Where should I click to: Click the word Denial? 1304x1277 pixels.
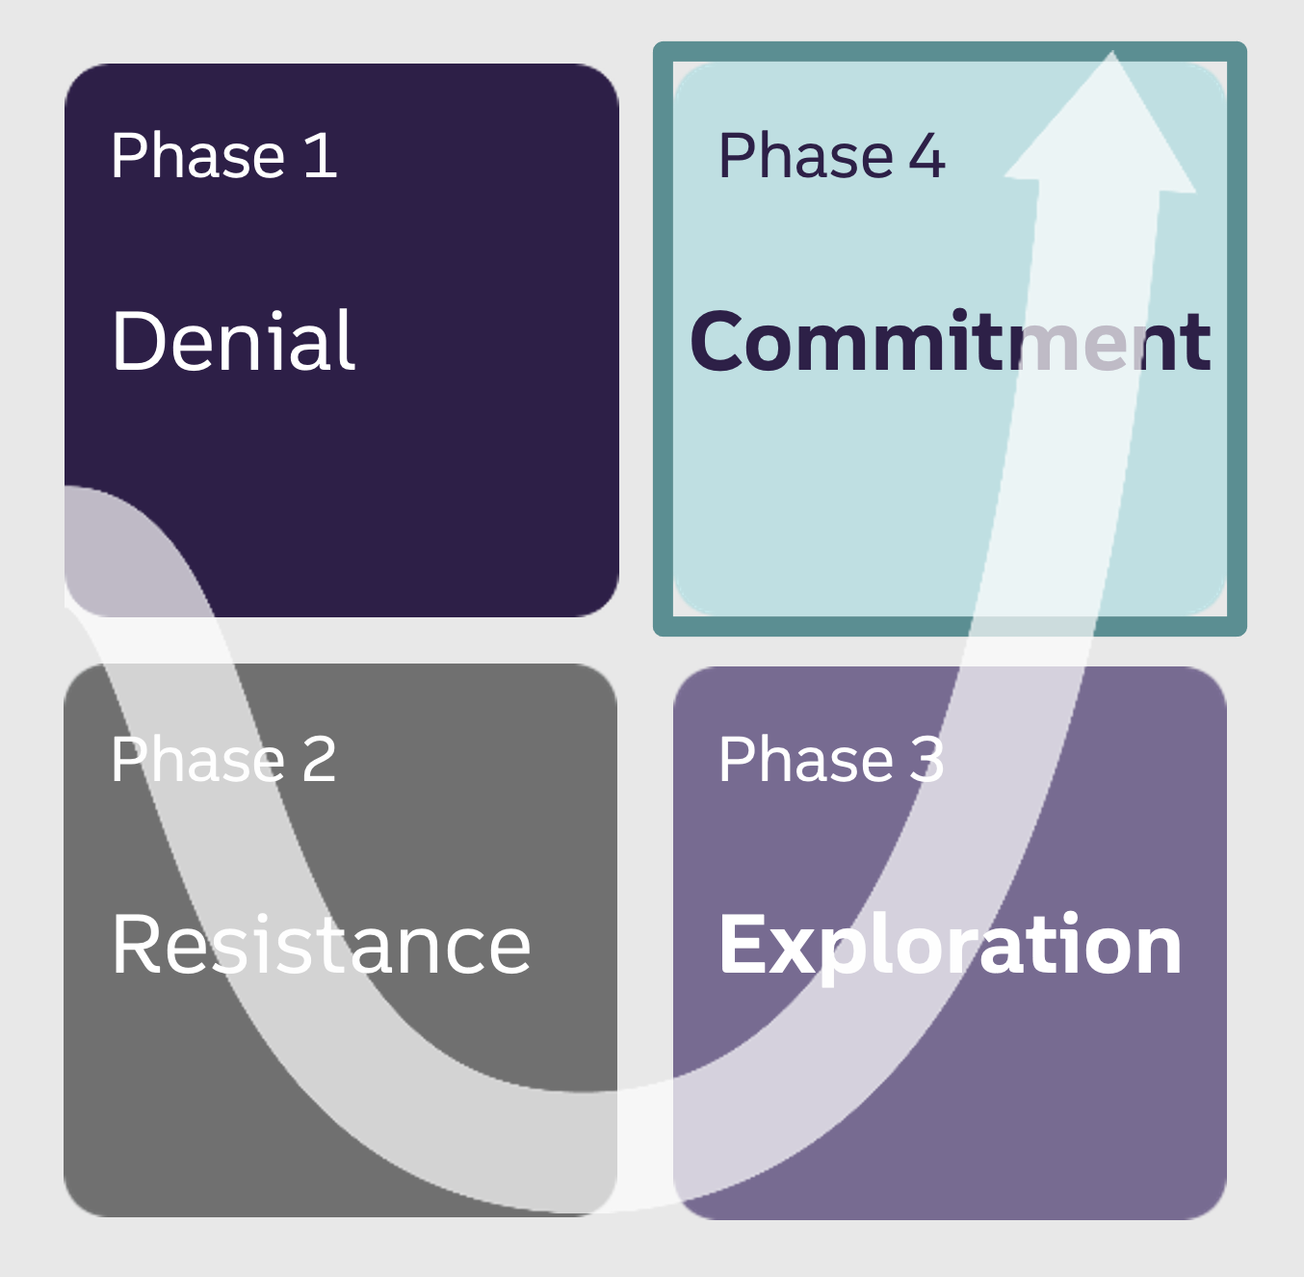click(x=233, y=341)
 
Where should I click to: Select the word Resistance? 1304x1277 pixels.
click(x=321, y=945)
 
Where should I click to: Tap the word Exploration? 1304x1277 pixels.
click(x=950, y=946)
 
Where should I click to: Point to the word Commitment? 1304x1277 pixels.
click(x=950, y=342)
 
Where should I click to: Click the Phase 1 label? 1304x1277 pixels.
click(x=223, y=156)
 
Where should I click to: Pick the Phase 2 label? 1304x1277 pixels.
click(x=223, y=760)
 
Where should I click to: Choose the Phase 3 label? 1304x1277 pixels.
click(x=831, y=760)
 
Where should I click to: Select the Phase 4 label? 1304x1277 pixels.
click(x=831, y=156)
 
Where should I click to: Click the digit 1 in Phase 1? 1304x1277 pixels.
click(x=321, y=156)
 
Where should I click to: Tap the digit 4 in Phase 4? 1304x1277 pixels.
click(x=926, y=156)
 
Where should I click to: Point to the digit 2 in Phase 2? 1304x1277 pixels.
click(x=319, y=760)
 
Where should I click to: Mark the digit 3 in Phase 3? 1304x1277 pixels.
click(x=926, y=760)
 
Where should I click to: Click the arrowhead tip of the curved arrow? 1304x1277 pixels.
click(x=1111, y=58)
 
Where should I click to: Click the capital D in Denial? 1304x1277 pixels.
click(x=140, y=341)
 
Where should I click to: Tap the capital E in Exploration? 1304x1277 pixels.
click(x=742, y=946)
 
